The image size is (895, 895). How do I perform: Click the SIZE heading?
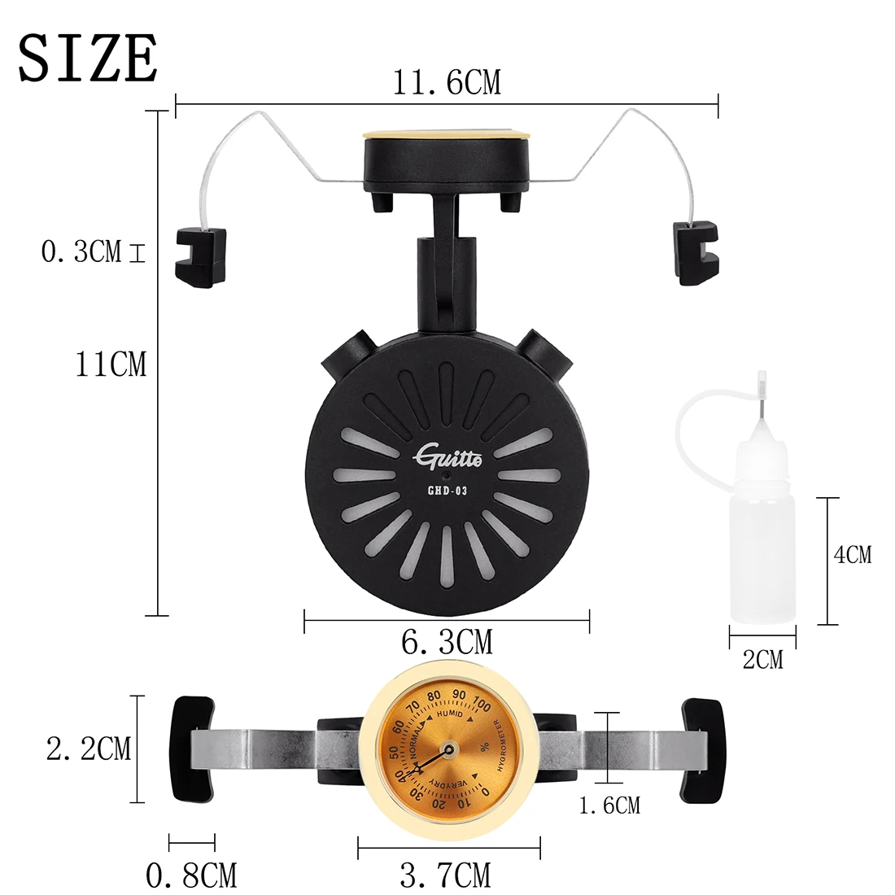click(88, 58)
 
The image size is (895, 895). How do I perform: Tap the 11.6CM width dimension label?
click(447, 82)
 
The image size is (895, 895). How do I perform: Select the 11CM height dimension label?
click(111, 365)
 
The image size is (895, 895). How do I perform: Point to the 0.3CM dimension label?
click(81, 251)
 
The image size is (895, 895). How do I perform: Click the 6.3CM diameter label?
click(447, 642)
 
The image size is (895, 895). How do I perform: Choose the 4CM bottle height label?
click(852, 555)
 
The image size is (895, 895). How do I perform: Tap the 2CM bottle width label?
click(762, 660)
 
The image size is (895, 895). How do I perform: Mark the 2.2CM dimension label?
click(89, 749)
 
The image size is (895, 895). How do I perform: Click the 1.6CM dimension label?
click(609, 805)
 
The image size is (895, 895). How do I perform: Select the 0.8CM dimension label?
click(191, 875)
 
